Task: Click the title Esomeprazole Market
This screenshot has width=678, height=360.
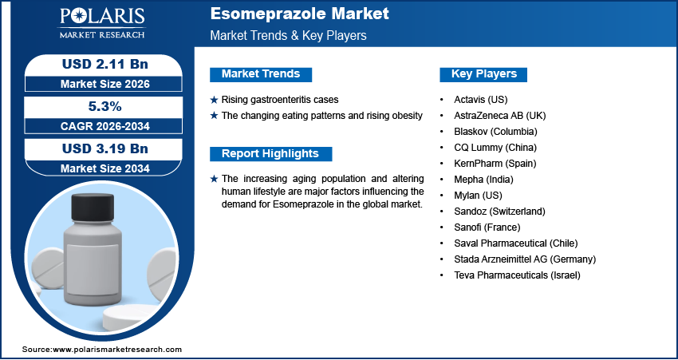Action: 300,14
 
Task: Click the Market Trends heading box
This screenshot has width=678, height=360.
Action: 260,74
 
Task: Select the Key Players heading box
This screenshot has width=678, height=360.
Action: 483,74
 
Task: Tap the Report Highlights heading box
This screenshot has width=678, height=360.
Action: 270,154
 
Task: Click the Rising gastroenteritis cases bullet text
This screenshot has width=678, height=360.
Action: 279,100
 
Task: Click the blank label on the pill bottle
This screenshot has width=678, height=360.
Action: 90,263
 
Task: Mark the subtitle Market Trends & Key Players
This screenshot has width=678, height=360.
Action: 289,36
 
